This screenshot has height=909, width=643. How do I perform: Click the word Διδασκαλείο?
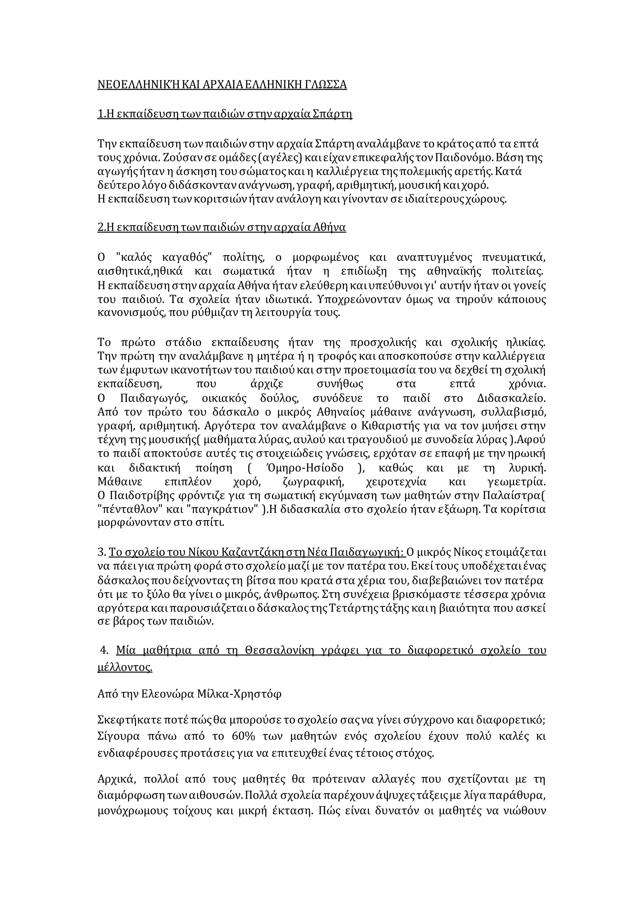pos(511,398)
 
